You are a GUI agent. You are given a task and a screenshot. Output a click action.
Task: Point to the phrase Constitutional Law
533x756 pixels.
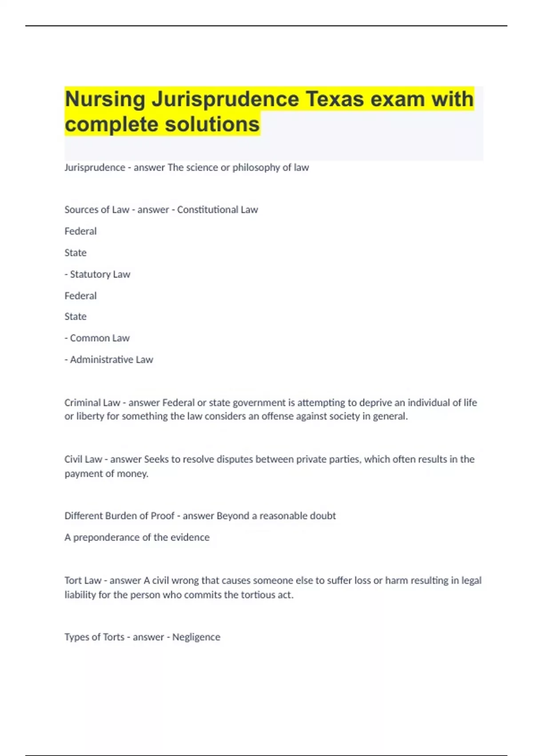coord(217,209)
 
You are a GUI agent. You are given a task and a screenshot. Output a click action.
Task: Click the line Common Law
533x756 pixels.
coord(99,338)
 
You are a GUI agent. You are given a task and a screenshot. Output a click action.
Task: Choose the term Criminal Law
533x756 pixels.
coord(92,402)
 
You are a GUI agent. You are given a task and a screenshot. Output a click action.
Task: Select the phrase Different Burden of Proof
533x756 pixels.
coord(119,516)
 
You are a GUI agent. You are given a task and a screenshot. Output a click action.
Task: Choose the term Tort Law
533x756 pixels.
coord(83,580)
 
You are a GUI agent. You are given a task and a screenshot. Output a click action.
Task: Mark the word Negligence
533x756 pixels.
coord(196,637)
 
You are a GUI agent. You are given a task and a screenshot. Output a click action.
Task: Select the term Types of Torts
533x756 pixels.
coord(94,637)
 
